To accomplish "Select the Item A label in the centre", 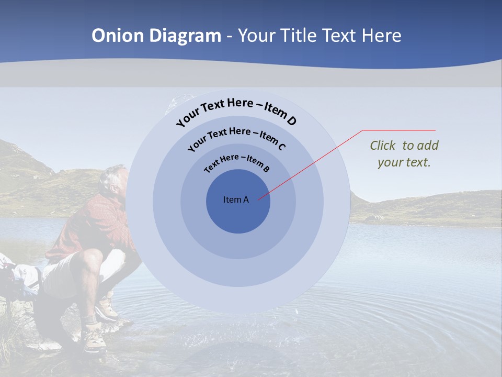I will [236, 199].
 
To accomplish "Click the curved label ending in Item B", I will [237, 162].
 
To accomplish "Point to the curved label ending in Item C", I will [236, 137].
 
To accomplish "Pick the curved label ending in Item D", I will [236, 111].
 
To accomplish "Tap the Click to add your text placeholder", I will [404, 154].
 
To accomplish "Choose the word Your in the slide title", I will [258, 36].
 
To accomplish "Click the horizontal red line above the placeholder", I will [399, 130].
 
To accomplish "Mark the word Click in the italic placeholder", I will [384, 146].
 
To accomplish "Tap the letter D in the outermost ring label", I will [291, 121].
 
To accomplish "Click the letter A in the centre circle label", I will [246, 199].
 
